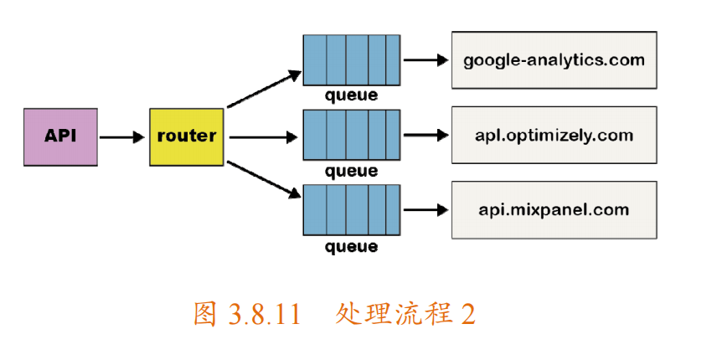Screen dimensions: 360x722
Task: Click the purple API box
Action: point(60,136)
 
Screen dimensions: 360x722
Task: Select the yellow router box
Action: point(186,136)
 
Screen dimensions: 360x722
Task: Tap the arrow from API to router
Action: point(122,136)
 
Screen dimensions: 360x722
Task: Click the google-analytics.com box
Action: point(554,60)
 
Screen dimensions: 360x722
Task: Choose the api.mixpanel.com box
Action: point(554,210)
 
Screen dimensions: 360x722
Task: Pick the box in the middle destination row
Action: point(554,135)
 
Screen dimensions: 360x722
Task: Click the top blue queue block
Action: point(351,60)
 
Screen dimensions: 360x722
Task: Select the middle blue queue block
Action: point(351,135)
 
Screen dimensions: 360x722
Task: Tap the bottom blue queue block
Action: point(351,210)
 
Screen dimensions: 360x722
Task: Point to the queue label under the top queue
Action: point(351,96)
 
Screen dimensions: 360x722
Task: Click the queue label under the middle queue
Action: point(351,172)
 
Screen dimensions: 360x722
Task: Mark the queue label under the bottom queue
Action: point(351,247)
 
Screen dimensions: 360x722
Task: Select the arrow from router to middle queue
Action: point(265,136)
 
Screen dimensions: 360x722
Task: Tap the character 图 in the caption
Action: point(205,314)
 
